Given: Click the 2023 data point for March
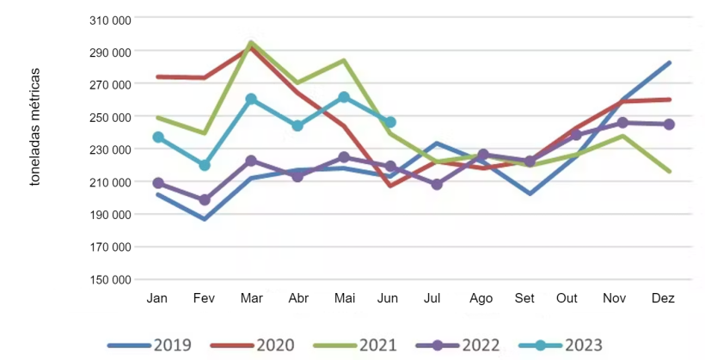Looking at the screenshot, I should (x=251, y=99).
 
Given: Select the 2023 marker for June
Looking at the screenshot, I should (x=390, y=122).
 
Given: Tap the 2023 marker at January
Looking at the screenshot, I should (x=157, y=137).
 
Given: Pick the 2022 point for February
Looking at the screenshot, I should (x=204, y=200).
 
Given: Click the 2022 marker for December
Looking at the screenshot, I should (x=669, y=125).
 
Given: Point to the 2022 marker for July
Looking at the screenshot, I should (x=437, y=184).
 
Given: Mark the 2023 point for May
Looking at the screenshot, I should (x=344, y=97).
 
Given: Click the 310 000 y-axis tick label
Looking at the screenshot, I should (x=111, y=19).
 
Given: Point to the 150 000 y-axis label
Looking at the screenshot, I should (x=111, y=279).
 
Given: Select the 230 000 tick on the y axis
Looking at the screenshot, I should (x=111, y=149).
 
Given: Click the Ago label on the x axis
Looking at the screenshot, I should (x=481, y=299).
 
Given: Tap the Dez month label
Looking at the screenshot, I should (x=663, y=299).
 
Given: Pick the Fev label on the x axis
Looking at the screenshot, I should (x=204, y=299).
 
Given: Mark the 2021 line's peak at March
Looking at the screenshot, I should (x=250, y=42).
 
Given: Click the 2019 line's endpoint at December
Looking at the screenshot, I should (x=669, y=63).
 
